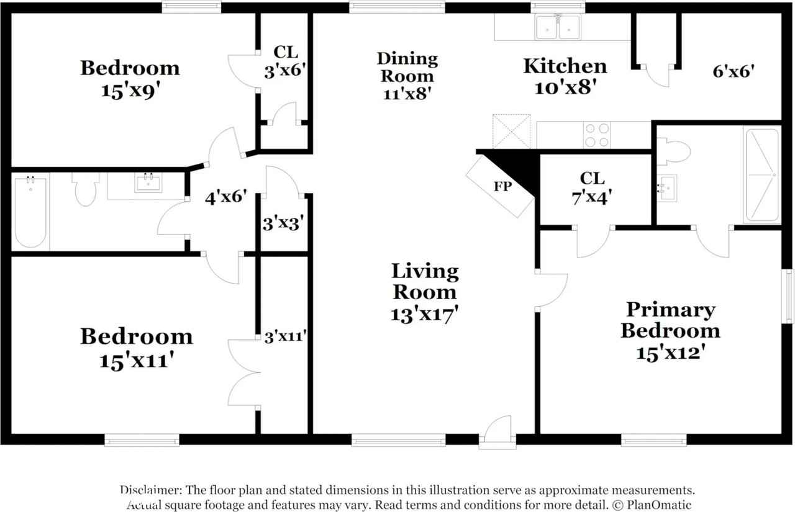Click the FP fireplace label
(502, 186)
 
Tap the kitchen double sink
(558, 27)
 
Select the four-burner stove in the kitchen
(597, 135)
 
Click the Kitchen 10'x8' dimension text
(565, 87)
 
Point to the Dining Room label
(407, 68)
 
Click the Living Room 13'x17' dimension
(424, 314)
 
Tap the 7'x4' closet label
(592, 197)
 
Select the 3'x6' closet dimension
(285, 70)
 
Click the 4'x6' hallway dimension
(225, 197)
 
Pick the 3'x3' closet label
(283, 224)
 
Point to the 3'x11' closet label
(285, 336)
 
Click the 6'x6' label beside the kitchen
(734, 71)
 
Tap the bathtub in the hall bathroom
(30, 212)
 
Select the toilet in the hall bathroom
(86, 189)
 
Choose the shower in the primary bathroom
(762, 175)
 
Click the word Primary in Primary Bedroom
(671, 310)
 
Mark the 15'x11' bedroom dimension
(137, 361)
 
